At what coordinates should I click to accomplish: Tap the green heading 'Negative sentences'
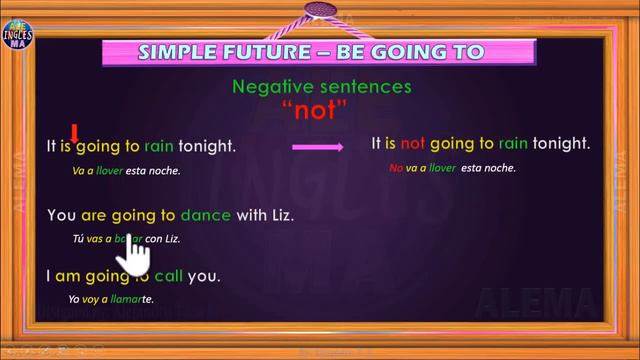[x=321, y=87]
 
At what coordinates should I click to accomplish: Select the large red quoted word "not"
[x=322, y=109]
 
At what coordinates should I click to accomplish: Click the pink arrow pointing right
[x=318, y=147]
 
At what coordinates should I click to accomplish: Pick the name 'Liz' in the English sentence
[x=283, y=215]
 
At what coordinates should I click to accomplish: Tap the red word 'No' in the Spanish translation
[x=395, y=168]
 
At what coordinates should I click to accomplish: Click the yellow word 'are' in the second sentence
[x=94, y=215]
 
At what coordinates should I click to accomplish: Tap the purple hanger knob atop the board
[x=322, y=10]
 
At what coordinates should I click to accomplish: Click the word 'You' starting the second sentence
[x=62, y=215]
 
